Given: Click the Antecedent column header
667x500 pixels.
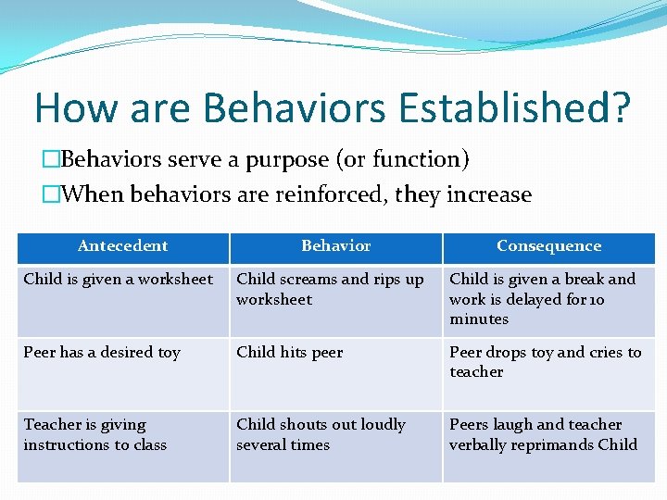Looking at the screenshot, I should pos(122,246).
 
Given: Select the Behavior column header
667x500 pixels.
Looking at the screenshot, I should pos(335,246).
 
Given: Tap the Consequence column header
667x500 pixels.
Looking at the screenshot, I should pos(548,246).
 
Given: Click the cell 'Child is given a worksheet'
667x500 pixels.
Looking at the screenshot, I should pos(119,280).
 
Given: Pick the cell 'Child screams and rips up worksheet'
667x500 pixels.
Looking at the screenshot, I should pos(330,289).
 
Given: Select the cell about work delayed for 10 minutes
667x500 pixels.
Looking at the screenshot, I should pos(543,299).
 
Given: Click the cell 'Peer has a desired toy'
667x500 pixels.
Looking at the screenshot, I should pos(102,353).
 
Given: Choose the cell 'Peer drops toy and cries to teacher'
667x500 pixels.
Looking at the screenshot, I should pos(545,362).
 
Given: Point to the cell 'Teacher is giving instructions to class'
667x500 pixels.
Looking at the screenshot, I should pos(94,434).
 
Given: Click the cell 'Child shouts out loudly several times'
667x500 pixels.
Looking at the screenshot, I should pos(321,434).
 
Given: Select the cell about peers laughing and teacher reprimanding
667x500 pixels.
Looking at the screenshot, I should pos(543,434).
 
